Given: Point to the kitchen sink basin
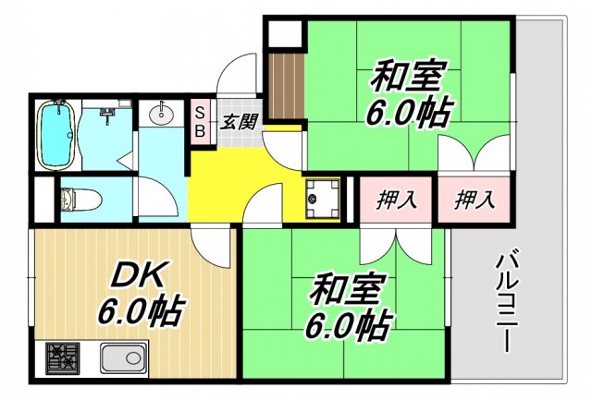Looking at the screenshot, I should [x=122, y=358].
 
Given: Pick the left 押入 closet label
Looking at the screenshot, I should [x=396, y=198].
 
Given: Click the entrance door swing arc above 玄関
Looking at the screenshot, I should [x=239, y=72].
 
